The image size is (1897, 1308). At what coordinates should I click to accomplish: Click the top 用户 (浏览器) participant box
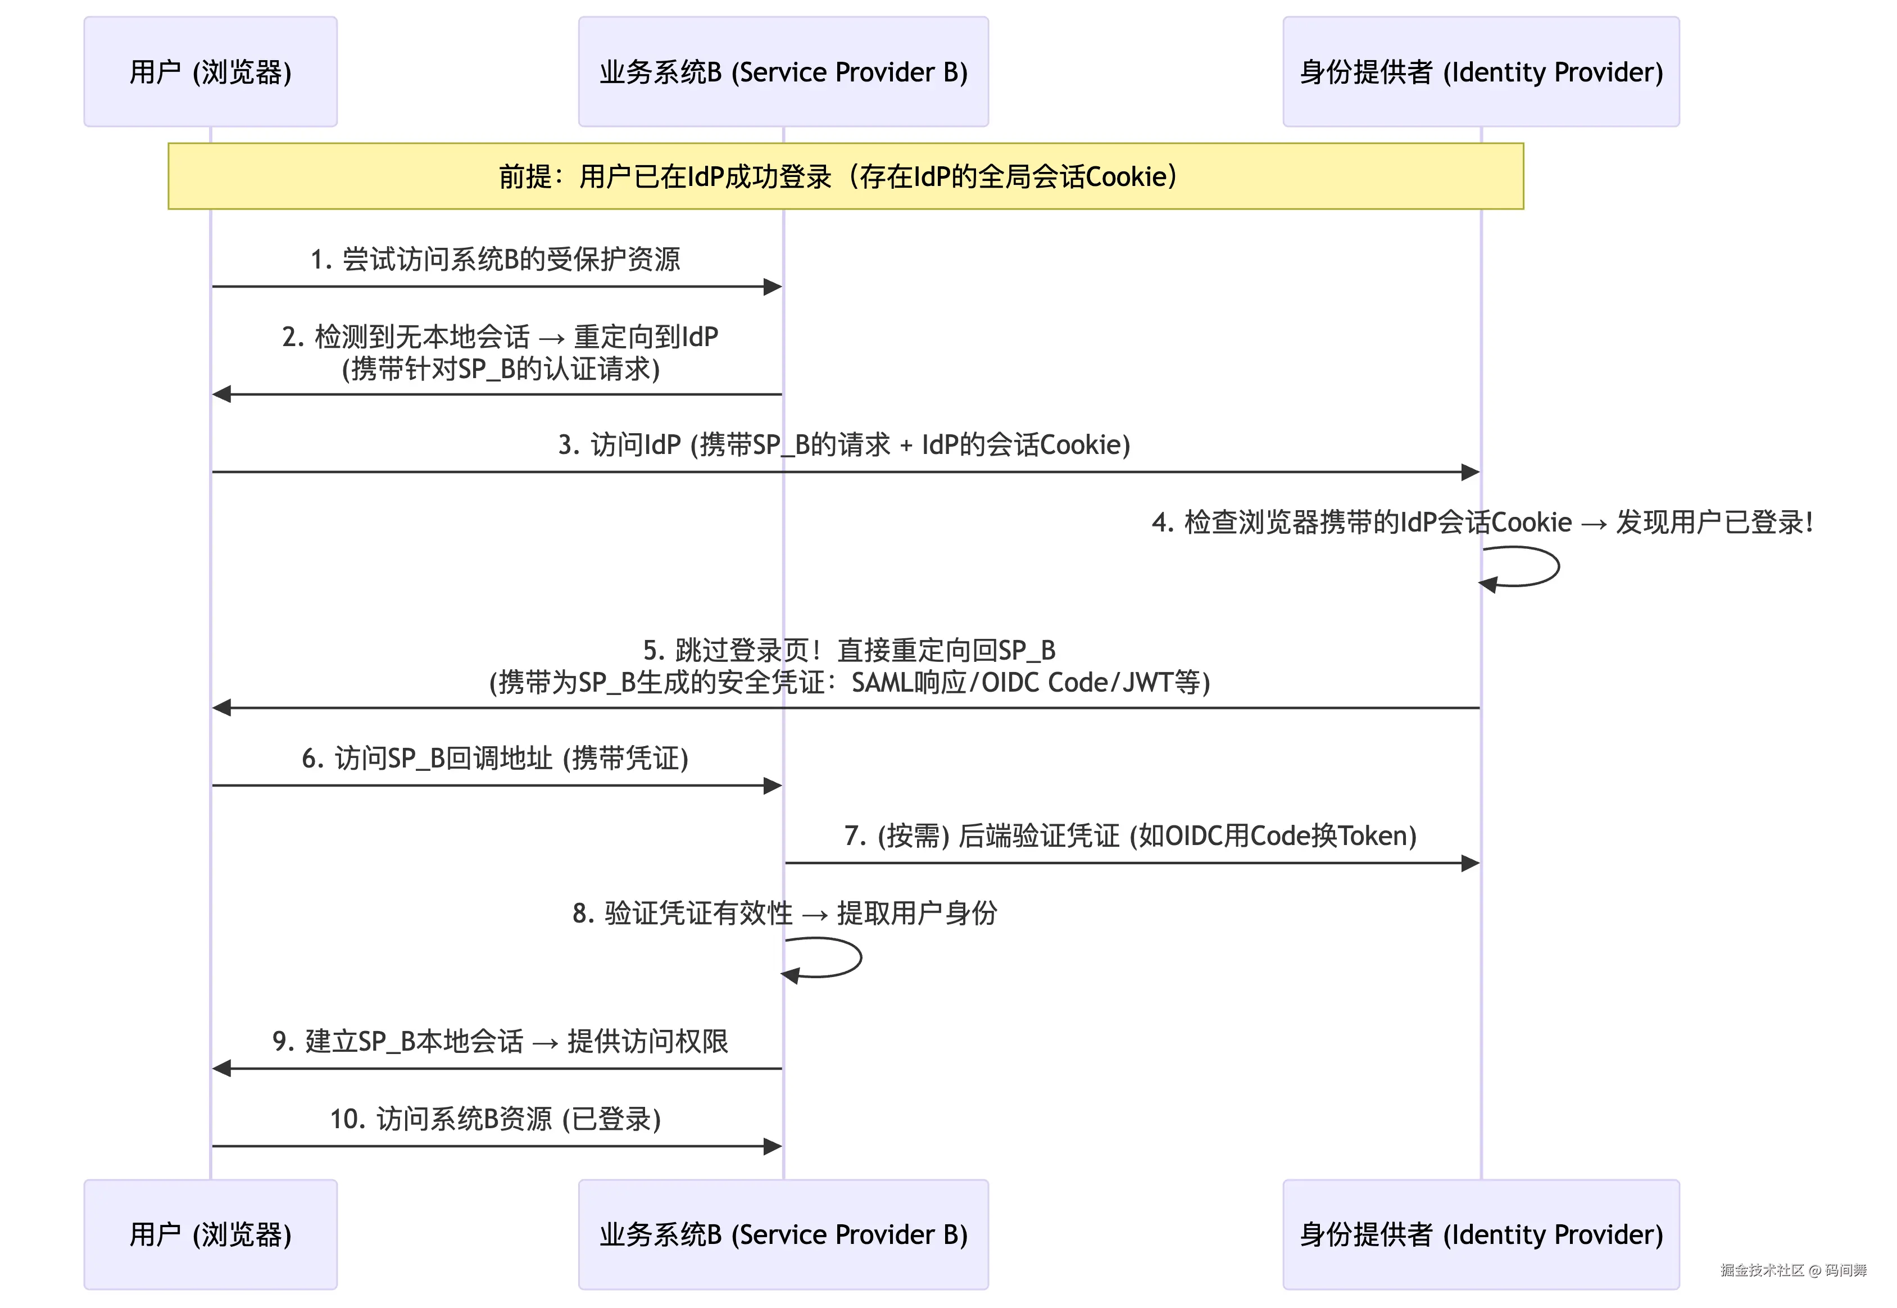211,72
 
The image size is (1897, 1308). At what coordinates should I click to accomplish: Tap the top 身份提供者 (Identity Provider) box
1480,72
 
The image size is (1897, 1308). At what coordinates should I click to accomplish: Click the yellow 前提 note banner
845,176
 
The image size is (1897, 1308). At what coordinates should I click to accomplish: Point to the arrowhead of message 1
772,287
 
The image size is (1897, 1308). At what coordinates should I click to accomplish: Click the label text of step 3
844,444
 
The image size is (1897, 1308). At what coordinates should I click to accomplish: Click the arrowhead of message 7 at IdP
1470,863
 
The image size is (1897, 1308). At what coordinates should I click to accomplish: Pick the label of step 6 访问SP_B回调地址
495,758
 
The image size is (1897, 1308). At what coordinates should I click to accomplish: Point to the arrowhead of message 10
772,1147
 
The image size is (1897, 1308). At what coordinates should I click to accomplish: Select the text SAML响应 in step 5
909,682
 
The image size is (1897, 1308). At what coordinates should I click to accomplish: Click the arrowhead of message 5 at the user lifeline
222,707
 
